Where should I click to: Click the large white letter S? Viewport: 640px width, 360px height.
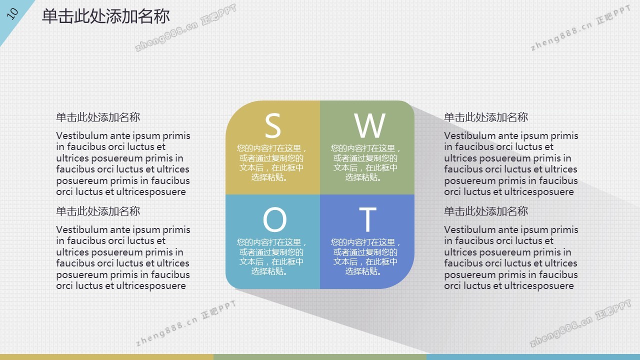[273, 125]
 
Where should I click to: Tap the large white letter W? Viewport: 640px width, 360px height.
[369, 125]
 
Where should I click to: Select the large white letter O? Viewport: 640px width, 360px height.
[274, 219]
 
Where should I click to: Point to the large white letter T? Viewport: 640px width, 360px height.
[367, 219]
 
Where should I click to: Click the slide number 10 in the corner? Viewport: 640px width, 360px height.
[12, 13]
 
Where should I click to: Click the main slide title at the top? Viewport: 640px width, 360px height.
[106, 16]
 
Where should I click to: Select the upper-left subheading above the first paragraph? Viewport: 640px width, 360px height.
[98, 117]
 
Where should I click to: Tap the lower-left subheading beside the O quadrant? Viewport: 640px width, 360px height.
[98, 211]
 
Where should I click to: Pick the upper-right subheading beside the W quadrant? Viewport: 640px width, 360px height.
[486, 117]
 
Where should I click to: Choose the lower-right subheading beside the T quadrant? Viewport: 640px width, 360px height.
[486, 211]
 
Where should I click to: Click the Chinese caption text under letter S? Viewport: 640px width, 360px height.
[271, 163]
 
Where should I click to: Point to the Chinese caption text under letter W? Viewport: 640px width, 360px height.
[365, 163]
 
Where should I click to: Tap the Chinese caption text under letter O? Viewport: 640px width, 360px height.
[271, 257]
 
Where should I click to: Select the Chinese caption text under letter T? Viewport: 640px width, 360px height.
[365, 257]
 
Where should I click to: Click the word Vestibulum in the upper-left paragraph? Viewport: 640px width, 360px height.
[81, 135]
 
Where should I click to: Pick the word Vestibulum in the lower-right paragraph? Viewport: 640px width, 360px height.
[469, 229]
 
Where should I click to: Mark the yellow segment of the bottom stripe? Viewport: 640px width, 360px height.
[106, 357]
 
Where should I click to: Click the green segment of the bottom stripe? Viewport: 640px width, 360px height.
[320, 357]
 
